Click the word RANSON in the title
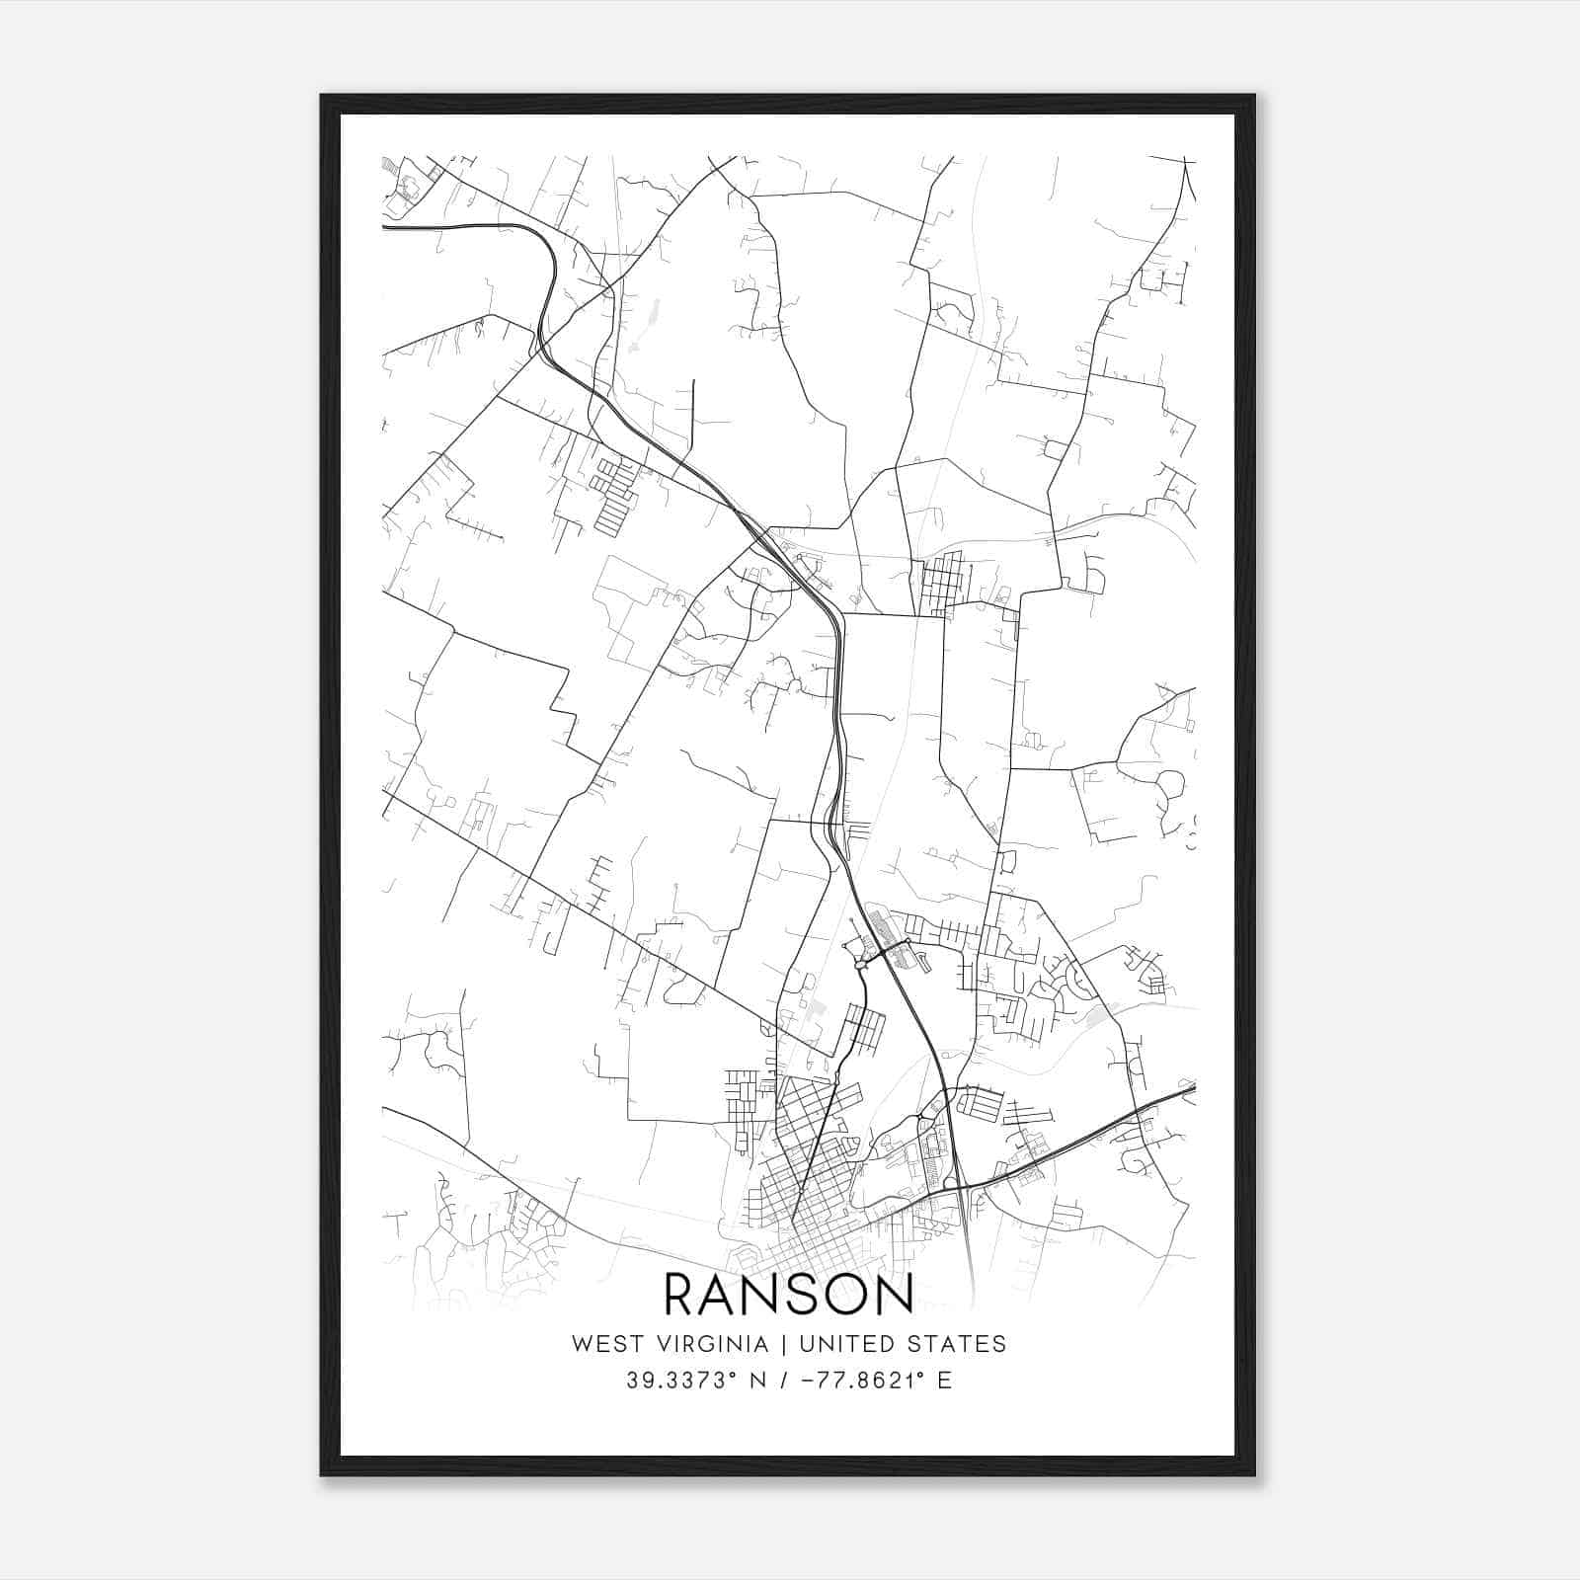pos(788,1295)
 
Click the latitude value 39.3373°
pos(682,1381)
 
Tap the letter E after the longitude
pos(945,1381)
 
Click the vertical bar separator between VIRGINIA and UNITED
pos(784,1344)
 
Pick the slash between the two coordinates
pos(783,1381)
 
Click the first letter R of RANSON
pos(680,1295)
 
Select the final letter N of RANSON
pos(895,1295)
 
